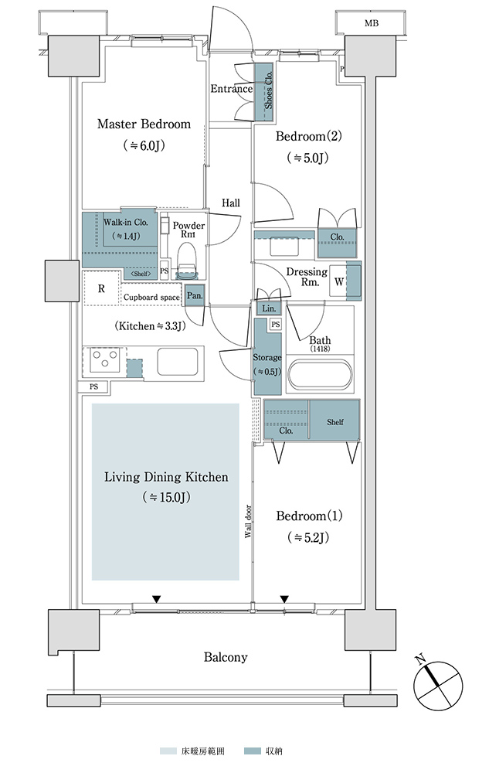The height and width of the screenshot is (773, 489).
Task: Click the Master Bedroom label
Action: [144, 124]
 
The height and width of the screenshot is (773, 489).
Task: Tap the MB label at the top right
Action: [372, 23]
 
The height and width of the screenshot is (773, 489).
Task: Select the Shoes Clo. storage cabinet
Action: [263, 92]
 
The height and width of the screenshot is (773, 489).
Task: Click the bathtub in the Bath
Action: [320, 376]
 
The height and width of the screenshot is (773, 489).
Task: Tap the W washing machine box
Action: [339, 281]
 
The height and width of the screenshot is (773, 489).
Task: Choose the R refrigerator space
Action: [101, 288]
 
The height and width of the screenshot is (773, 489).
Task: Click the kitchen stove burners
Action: [104, 359]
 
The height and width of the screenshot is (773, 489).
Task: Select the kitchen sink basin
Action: [177, 361]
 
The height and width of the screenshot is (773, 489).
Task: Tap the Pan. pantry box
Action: [195, 296]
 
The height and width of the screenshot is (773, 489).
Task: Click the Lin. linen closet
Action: [269, 308]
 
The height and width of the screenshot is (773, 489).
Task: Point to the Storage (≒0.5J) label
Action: [267, 364]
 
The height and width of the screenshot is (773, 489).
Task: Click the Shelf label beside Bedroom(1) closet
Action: [334, 422]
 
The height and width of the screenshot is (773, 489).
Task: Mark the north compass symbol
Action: [437, 683]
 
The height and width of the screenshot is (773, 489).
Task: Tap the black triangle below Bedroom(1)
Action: [284, 599]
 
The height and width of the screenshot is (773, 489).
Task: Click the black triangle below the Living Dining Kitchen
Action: [157, 599]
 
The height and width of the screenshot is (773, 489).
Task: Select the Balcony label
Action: [226, 657]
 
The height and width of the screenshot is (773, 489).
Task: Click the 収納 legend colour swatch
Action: [252, 751]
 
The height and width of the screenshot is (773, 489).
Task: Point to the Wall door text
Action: [248, 521]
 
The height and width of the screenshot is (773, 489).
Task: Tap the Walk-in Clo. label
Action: [126, 223]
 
